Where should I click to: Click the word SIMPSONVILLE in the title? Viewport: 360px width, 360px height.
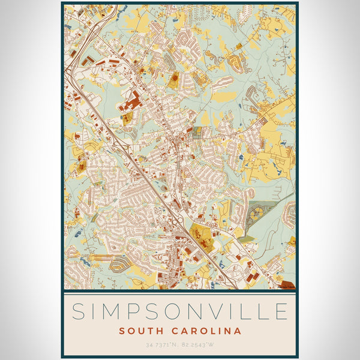pos(180,312)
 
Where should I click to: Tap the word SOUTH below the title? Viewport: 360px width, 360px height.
pos(140,331)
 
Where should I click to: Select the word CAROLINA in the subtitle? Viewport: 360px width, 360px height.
pos(204,331)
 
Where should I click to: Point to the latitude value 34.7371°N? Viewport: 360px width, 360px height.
pos(160,345)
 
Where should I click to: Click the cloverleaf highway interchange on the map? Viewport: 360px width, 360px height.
pos(178,223)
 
